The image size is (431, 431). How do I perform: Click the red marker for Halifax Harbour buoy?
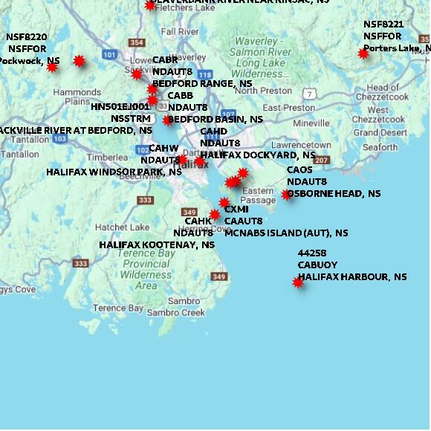pos(298,282)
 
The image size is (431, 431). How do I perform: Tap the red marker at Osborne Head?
pos(287,195)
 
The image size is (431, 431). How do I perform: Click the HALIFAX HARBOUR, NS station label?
pos(352,277)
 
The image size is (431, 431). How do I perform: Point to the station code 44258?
pos(312,253)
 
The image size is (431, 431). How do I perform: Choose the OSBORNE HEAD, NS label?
pos(334,194)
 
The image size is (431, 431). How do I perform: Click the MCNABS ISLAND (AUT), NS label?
pos(286,233)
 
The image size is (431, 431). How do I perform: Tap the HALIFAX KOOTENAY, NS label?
pos(157,244)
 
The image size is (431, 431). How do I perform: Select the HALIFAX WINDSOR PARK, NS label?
pos(114,172)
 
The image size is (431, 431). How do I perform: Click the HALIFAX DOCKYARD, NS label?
pos(258,155)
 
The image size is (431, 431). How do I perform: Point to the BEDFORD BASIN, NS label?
pos(215,119)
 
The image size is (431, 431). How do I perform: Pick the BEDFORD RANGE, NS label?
pos(202,84)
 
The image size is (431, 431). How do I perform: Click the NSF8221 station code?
pos(383,25)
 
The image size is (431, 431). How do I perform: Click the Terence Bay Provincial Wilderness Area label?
pos(146,269)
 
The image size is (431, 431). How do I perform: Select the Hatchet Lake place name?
pos(122,227)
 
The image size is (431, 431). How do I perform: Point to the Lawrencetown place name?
pos(301,145)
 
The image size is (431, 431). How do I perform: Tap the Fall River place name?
pos(179,32)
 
